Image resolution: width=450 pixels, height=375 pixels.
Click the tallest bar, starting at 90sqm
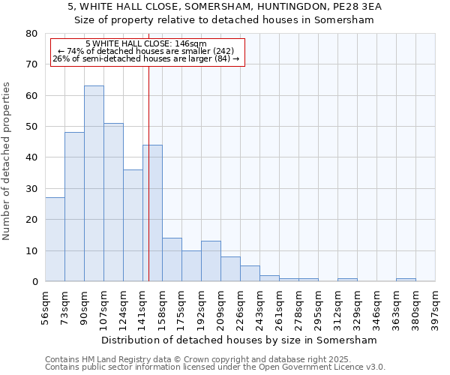pyautogui.click(x=94, y=184)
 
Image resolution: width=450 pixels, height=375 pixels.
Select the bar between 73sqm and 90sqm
pyautogui.click(x=74, y=207)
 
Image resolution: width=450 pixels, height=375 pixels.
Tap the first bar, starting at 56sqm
pyautogui.click(x=55, y=239)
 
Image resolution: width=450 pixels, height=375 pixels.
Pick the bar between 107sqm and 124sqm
pyautogui.click(x=113, y=202)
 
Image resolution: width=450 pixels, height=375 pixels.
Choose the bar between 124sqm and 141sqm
pyautogui.click(x=133, y=226)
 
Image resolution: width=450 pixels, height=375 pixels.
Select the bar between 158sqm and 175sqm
pyautogui.click(x=172, y=259)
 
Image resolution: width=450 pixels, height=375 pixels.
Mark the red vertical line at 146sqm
pyautogui.click(x=148, y=112)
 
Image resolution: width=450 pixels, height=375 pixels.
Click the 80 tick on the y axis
pyautogui.click(x=31, y=34)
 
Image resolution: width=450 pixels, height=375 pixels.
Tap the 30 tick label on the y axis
pyautogui.click(x=31, y=189)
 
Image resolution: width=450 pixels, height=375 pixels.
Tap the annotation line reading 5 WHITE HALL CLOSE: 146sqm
pyautogui.click(x=146, y=44)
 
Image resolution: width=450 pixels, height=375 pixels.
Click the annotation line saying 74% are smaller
pyautogui.click(x=146, y=51)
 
